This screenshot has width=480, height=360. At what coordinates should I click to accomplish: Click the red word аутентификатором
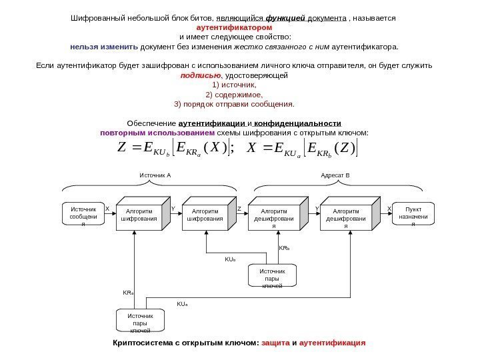coord(233,29)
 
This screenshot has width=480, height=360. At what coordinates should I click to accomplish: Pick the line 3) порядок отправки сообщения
coord(233,105)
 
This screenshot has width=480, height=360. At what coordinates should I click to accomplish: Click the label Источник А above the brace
coord(155,175)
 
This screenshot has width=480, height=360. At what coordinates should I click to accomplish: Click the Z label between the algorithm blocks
coord(239,209)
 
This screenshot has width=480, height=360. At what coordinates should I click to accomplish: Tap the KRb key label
coord(283,247)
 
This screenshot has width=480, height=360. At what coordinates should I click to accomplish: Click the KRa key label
coord(128,292)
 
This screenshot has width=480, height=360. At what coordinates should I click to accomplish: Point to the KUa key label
coord(182,304)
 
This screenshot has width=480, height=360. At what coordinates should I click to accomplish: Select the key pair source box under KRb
coord(272,278)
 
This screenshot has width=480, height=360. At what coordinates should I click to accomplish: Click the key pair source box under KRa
coord(140,322)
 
